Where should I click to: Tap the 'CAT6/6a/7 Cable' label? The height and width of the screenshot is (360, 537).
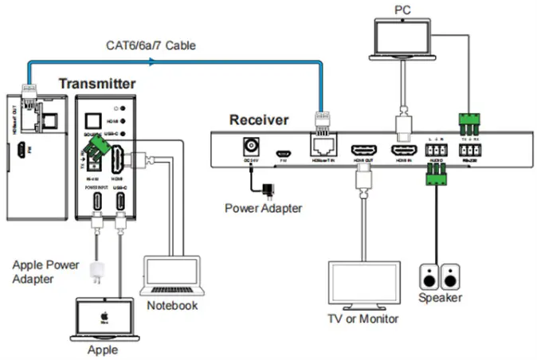(x=151, y=46)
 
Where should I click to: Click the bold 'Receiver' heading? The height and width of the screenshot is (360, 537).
(x=259, y=121)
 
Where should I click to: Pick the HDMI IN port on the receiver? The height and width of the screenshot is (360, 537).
(x=402, y=150)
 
